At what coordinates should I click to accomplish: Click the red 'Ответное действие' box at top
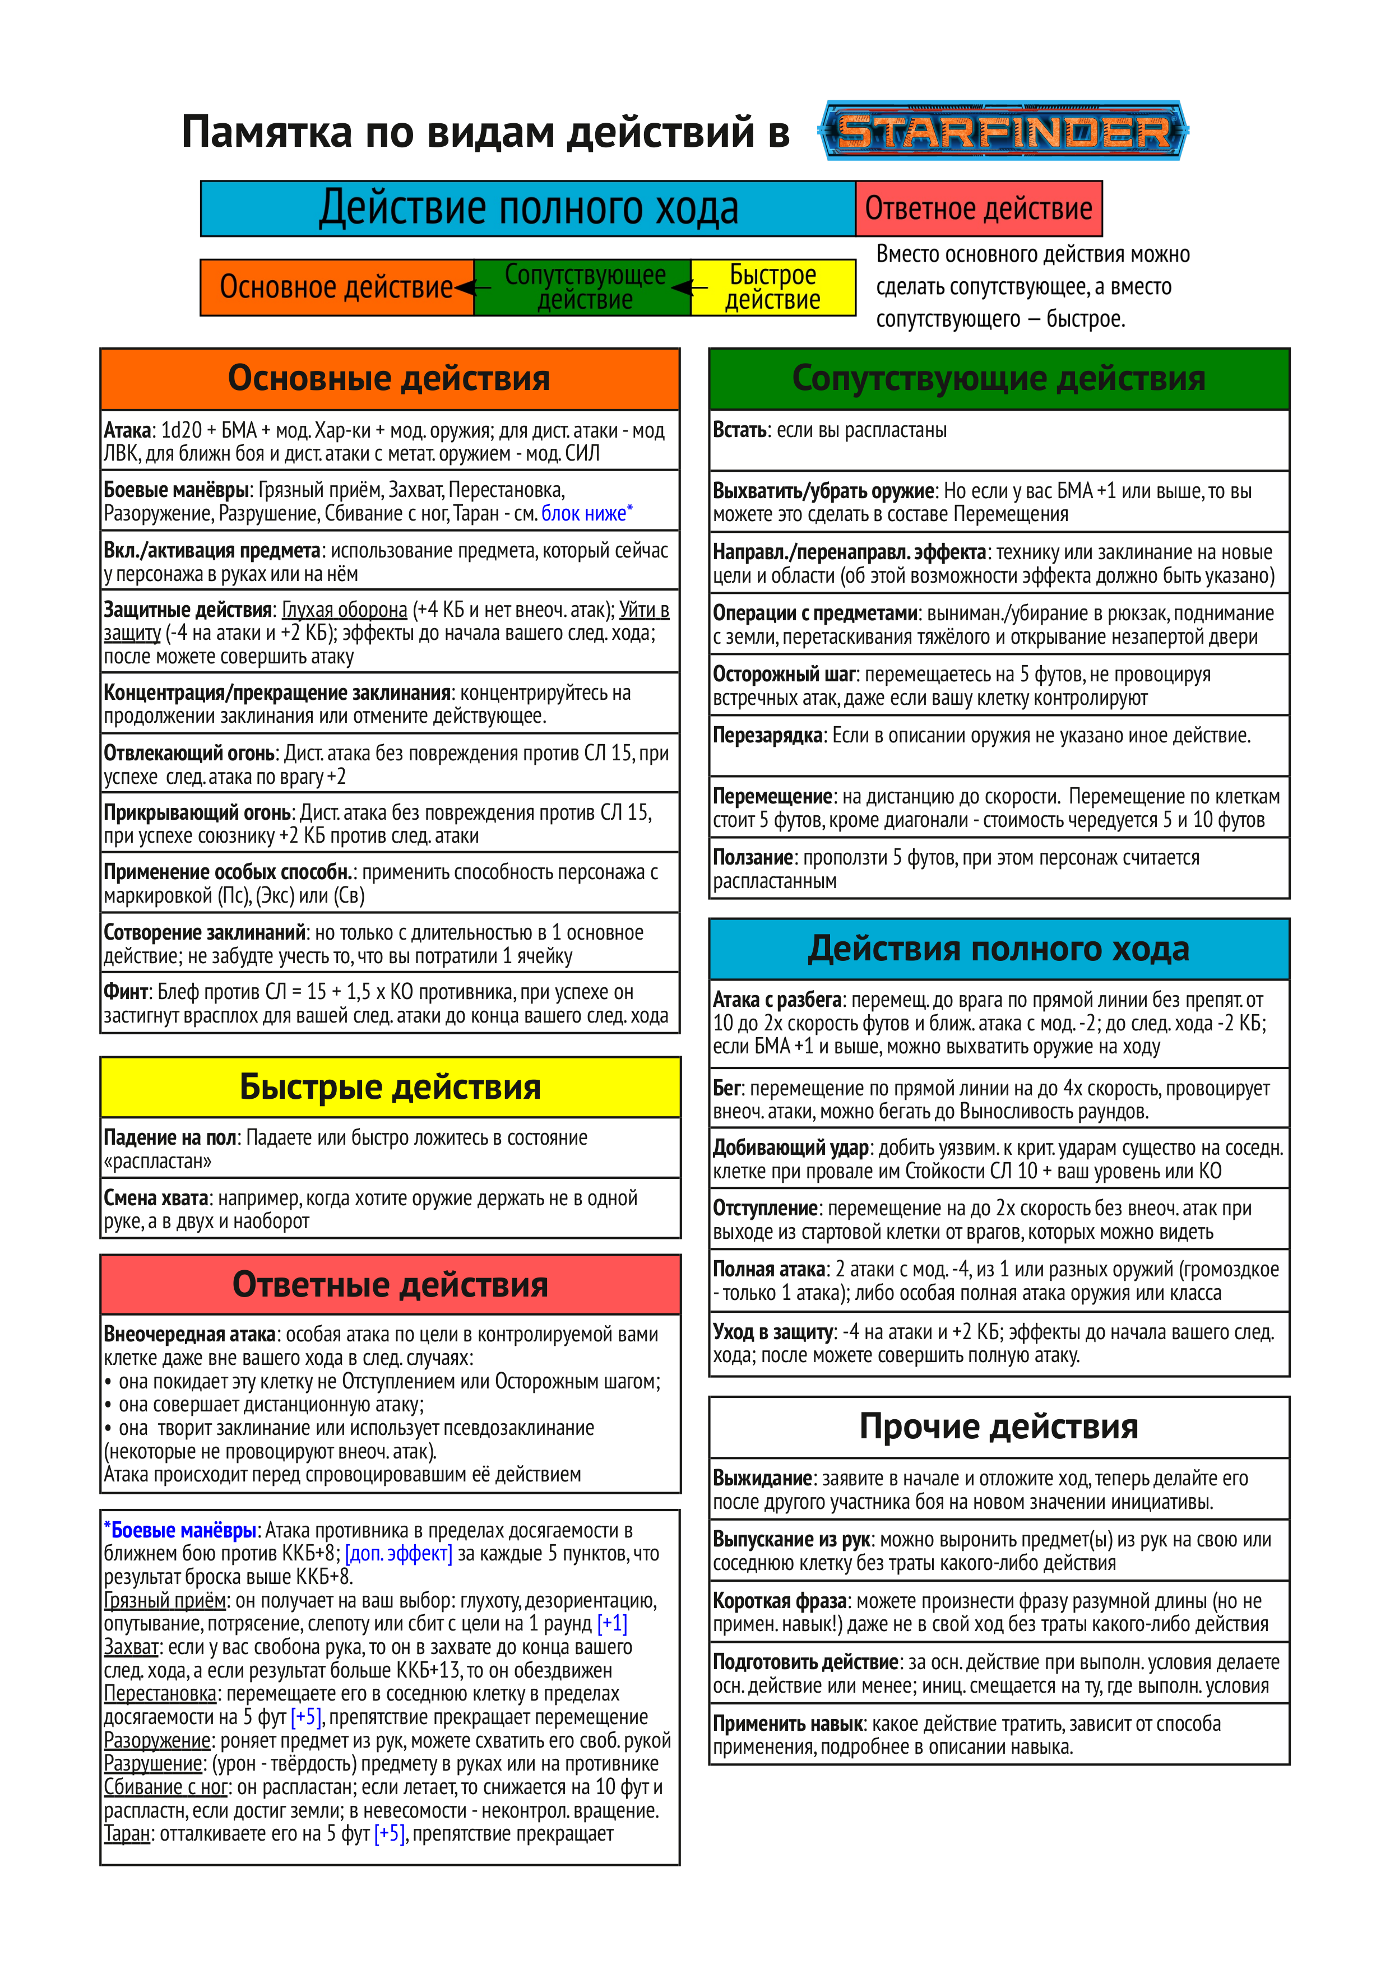point(978,208)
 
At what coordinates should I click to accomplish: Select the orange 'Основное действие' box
point(336,287)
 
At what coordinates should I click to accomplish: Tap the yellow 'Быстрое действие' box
point(773,287)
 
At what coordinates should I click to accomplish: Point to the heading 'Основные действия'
point(390,378)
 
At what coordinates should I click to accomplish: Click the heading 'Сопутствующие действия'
point(999,378)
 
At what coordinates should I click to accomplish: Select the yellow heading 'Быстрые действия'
point(390,1087)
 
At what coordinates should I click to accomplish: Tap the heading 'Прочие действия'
point(999,1427)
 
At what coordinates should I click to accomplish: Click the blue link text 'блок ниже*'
point(586,513)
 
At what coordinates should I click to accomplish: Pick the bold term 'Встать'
point(739,430)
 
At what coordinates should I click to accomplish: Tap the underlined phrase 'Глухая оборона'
point(344,610)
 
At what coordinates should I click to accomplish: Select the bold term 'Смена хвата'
point(156,1198)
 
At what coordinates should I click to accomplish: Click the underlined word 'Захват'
point(132,1647)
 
